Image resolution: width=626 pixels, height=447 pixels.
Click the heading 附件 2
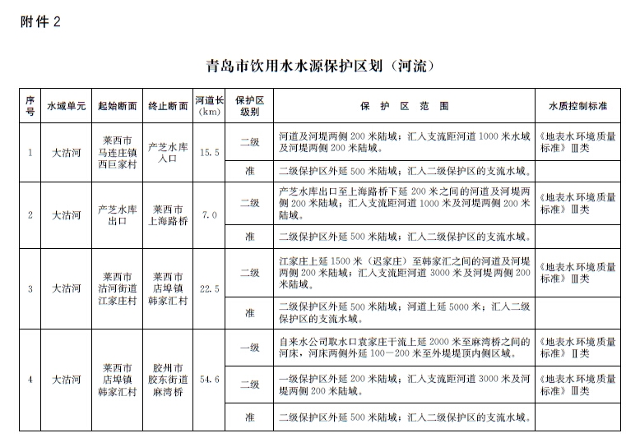tap(40, 22)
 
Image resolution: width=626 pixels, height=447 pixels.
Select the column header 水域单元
tap(66, 107)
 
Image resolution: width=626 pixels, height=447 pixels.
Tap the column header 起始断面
tap(118, 107)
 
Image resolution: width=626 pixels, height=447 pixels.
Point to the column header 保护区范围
tap(404, 107)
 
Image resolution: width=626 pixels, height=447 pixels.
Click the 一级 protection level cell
tap(250, 348)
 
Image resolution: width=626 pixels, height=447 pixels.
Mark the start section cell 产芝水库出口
tap(118, 215)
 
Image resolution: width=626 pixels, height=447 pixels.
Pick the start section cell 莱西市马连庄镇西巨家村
tap(118, 153)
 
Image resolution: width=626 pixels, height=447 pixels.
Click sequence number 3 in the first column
tap(30, 289)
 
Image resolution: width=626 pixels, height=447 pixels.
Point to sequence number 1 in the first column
tap(30, 153)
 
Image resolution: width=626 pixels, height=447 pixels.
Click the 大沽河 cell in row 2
tap(66, 215)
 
